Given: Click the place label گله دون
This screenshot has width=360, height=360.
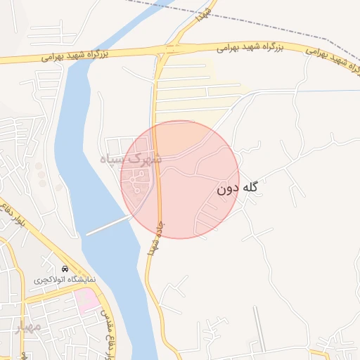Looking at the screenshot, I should pos(238,188).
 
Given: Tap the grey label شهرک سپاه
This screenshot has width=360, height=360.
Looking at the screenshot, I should pos(131,159).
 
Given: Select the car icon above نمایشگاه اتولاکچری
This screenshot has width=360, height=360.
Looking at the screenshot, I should pos(65,269).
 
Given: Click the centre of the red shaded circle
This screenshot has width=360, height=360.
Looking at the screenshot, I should pos(180,179).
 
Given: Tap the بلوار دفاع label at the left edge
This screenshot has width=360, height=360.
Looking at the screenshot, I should pos(14,221).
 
